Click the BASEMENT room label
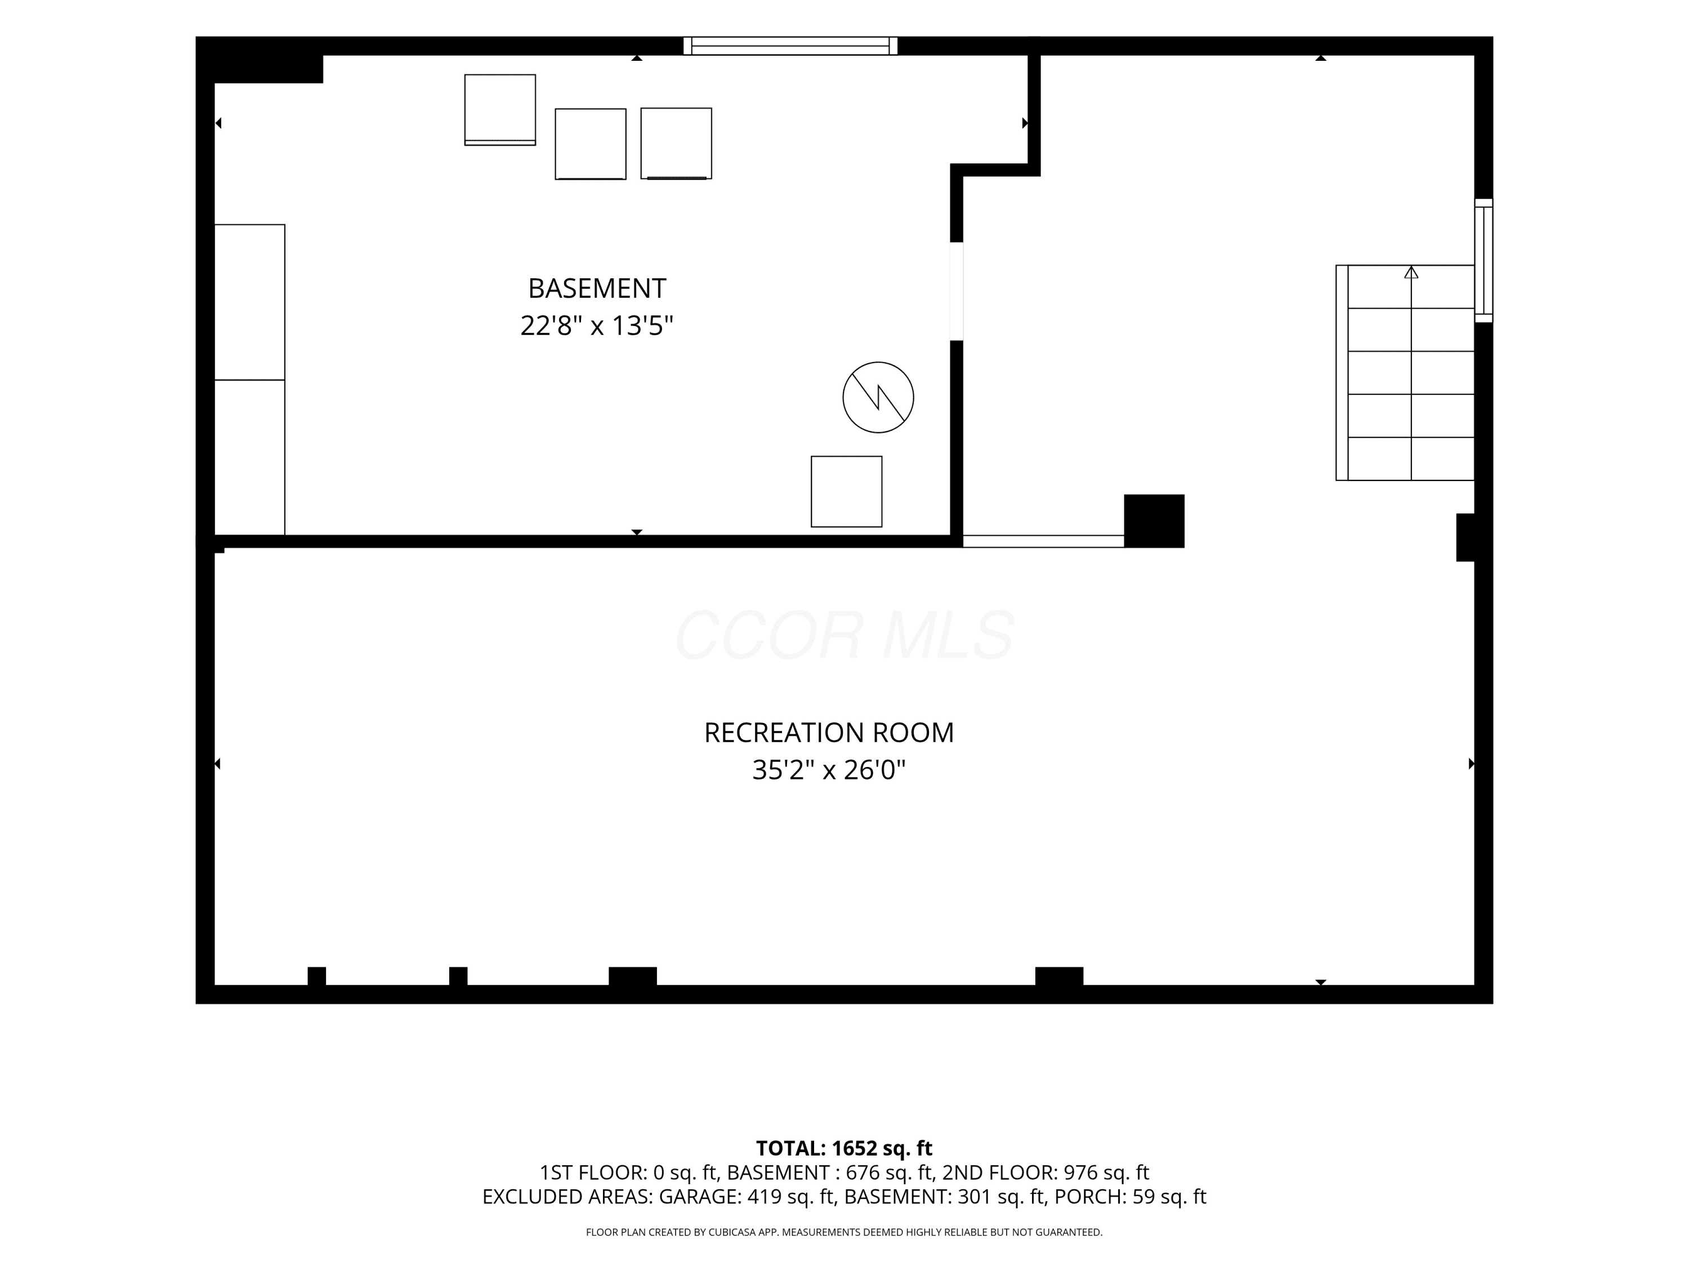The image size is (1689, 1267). tap(597, 289)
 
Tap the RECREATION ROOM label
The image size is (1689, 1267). tap(829, 733)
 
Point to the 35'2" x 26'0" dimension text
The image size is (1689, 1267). tap(829, 770)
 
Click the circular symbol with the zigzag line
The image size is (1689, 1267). tap(878, 397)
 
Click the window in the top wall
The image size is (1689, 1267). tap(790, 46)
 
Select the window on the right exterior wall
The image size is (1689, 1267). tap(1484, 260)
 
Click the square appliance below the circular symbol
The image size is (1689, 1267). tap(846, 492)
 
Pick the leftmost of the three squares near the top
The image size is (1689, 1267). tap(500, 110)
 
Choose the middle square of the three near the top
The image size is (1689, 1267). tap(590, 144)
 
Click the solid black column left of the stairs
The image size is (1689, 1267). tap(1154, 521)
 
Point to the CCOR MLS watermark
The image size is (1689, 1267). tap(844, 635)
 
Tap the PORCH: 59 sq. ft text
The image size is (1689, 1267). tap(1130, 1197)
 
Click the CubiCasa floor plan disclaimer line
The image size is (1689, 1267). tap(844, 1232)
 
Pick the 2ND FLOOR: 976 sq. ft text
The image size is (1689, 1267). tap(1045, 1172)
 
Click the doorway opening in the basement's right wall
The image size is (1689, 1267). tap(957, 291)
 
